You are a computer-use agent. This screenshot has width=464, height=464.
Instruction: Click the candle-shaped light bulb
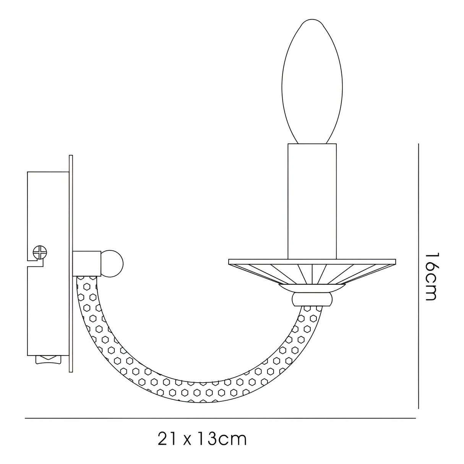pos(311,84)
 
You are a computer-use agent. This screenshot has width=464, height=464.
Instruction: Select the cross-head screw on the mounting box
pos(41,252)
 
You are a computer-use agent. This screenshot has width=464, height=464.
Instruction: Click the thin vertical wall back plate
pos(70,264)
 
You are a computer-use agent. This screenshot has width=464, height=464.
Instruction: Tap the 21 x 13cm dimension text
pos(202,439)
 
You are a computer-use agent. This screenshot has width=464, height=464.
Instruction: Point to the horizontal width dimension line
pos(220,419)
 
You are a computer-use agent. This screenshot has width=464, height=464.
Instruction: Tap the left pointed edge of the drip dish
pos(230,262)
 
